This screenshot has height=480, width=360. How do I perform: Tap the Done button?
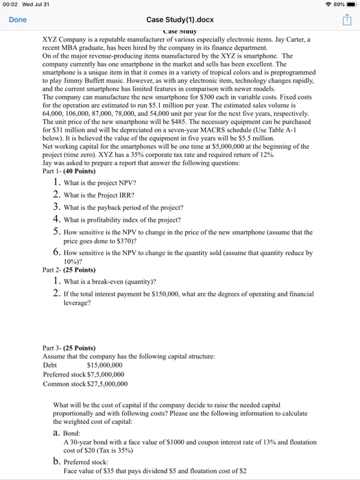(18, 20)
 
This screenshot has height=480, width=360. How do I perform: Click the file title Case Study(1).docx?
(180, 20)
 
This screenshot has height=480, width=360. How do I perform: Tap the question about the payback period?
(123, 207)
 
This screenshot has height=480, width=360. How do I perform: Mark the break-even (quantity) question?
(110, 281)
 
